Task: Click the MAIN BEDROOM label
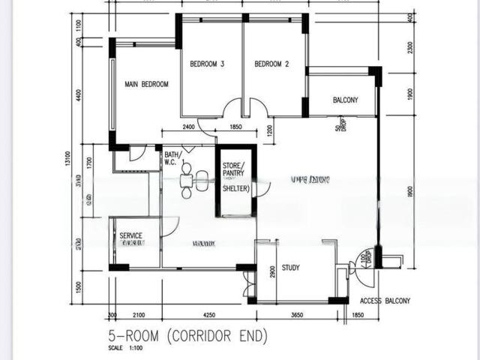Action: (146, 84)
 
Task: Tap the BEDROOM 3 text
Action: (207, 64)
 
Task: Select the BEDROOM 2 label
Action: (271, 64)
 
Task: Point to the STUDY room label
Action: (291, 268)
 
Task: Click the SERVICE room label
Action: (131, 235)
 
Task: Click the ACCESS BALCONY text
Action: (385, 301)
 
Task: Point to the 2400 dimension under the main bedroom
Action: (187, 128)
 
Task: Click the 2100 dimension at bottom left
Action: (138, 315)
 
